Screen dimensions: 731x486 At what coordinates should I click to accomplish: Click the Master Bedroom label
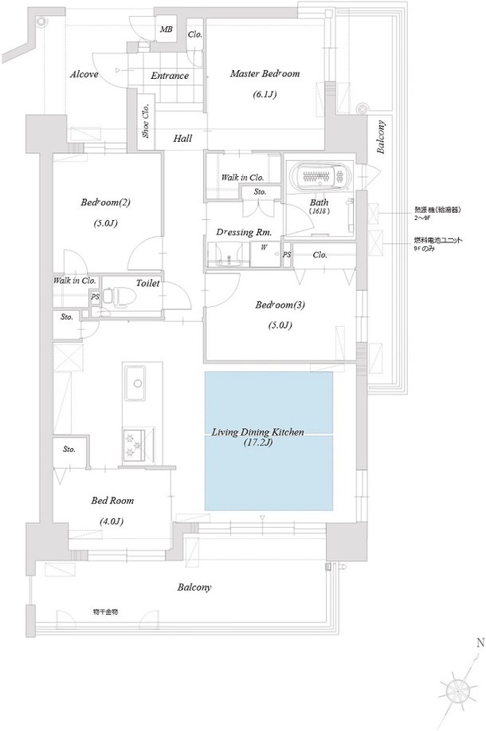pos(265,74)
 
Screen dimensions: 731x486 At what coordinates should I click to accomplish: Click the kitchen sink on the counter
pos(134,386)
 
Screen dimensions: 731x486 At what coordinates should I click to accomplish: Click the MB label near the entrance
pos(166,29)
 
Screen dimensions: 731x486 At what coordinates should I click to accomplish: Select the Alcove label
pos(84,74)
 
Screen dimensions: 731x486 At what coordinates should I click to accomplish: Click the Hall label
pos(182,139)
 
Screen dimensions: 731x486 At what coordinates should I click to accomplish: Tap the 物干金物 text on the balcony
pos(104,611)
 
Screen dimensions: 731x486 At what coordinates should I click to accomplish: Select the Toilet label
pos(149,283)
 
